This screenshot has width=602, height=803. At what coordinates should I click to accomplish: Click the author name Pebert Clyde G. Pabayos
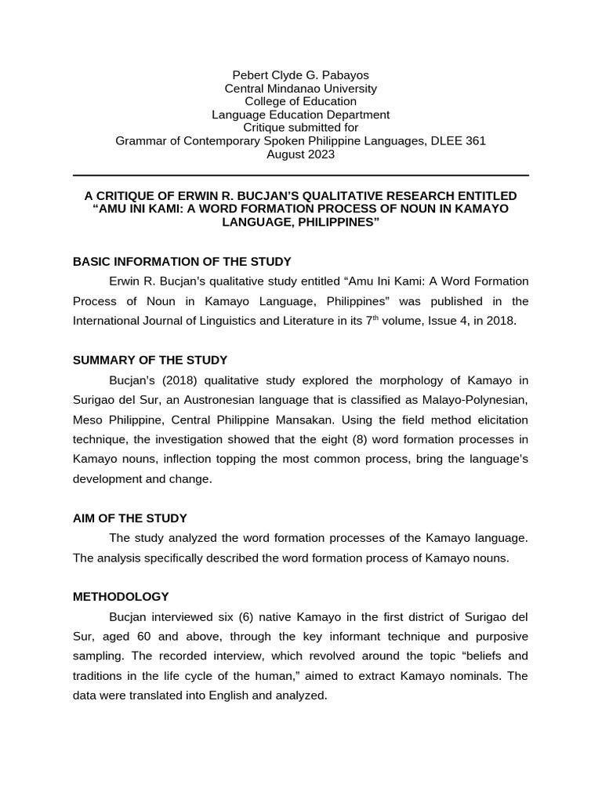pos(300,75)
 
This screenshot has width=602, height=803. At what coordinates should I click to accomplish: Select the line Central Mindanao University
pos(300,89)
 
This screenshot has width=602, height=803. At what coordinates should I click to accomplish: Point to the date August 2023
pos(300,154)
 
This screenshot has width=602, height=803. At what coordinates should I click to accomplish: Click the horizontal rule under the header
pos(300,176)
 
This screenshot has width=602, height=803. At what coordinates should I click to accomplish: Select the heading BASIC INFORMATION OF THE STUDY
pos(182,261)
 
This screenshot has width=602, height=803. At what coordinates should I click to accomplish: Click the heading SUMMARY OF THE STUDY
pos(150,360)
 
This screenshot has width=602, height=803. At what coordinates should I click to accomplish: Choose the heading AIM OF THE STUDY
pos(129,518)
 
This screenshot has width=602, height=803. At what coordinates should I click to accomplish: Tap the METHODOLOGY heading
pos(121,597)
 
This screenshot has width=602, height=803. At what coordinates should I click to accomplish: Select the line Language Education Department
pos(300,115)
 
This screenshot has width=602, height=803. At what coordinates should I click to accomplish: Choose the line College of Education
pos(300,102)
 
